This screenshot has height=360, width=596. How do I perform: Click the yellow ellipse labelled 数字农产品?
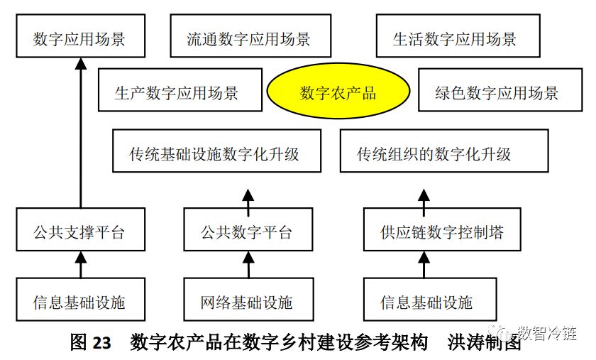[338, 92]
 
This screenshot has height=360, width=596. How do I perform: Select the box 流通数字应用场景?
[248, 38]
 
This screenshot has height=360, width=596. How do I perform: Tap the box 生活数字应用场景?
[455, 38]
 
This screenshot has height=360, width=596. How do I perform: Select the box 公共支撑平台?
[79, 231]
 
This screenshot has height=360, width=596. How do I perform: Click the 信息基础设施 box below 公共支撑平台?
[79, 302]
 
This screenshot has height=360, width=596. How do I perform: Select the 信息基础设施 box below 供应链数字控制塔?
[425, 302]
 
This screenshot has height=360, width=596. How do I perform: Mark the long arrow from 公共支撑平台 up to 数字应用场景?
[80, 135]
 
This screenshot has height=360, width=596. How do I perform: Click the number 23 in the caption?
[101, 343]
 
